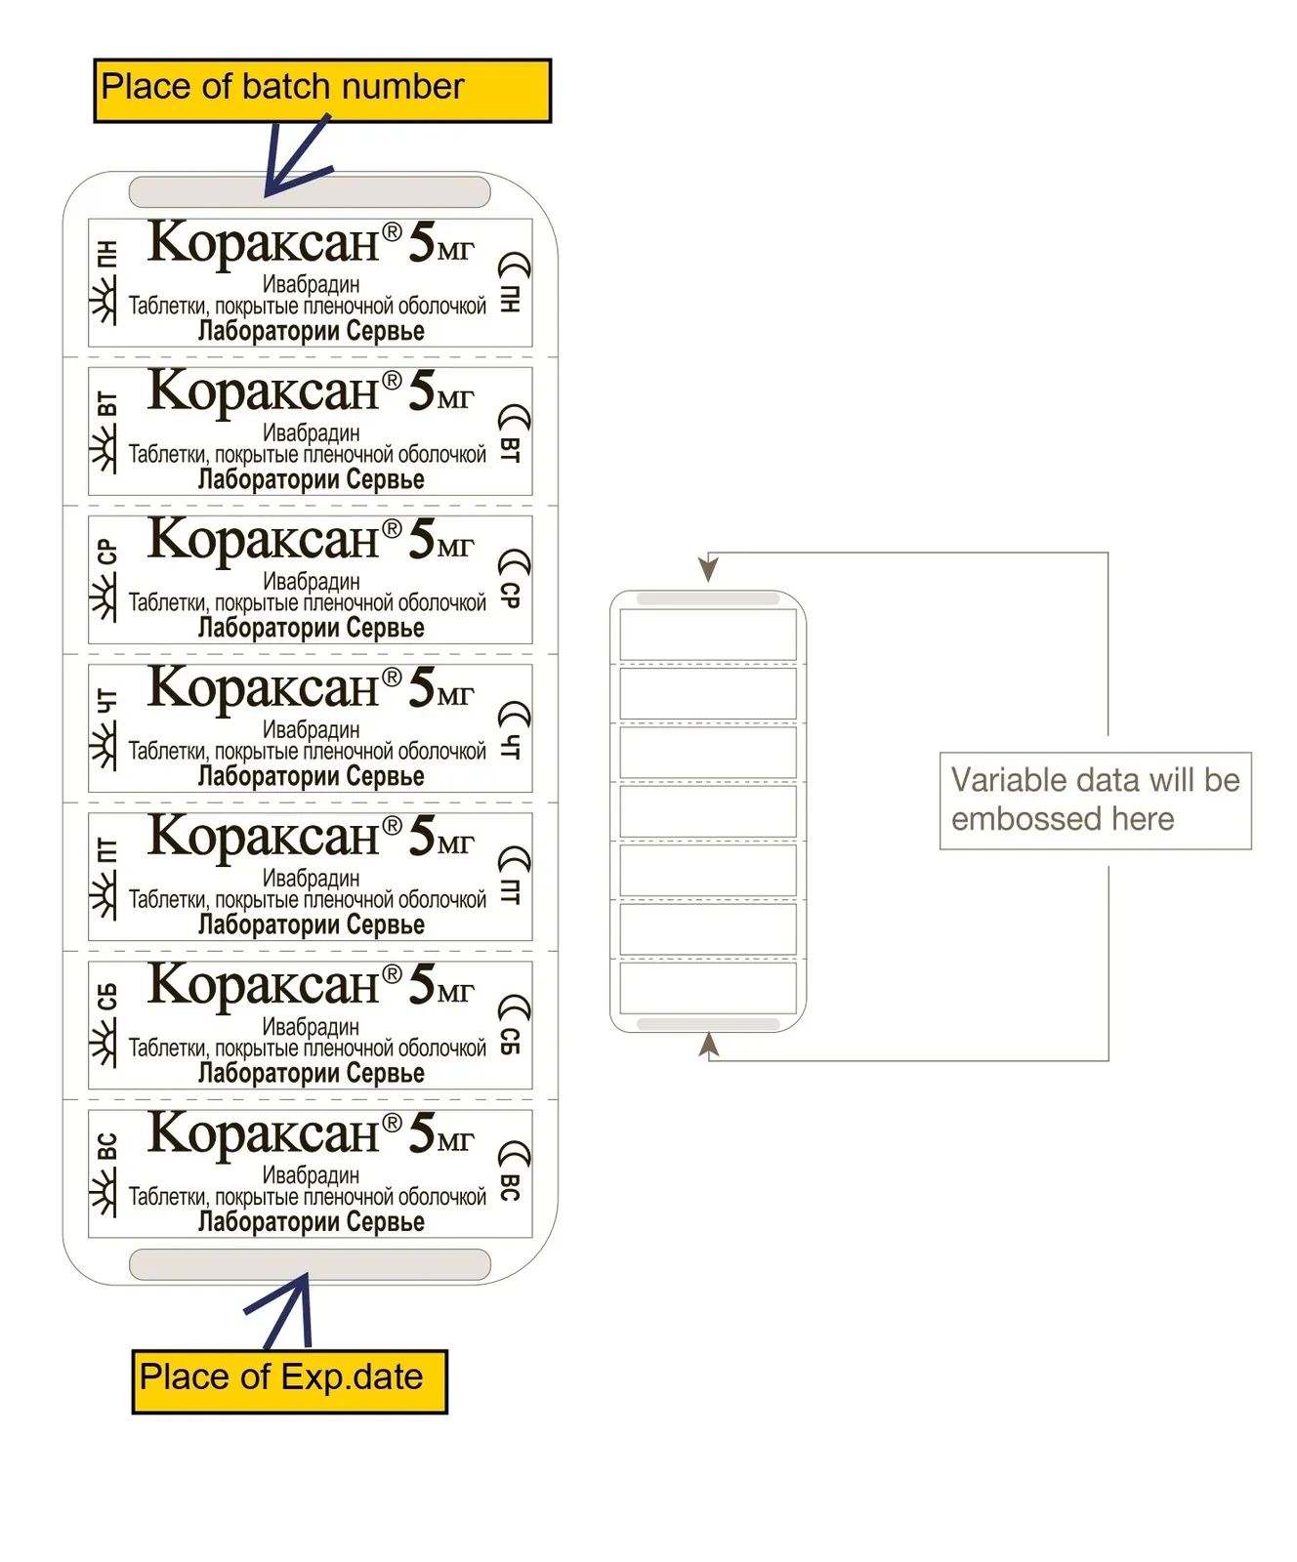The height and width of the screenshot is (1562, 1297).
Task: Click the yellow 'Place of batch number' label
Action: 322,91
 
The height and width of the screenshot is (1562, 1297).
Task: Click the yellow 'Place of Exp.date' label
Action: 290,1381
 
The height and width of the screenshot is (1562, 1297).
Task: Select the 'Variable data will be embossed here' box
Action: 1095,801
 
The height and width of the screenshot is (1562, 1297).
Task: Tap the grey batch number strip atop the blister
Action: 310,191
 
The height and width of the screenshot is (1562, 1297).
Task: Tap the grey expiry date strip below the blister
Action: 310,1264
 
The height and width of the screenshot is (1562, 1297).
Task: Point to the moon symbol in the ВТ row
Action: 514,418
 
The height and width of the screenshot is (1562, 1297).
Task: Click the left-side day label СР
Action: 106,552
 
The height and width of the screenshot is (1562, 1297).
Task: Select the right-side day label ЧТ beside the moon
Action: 510,746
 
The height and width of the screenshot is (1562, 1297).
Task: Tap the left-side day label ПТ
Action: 106,849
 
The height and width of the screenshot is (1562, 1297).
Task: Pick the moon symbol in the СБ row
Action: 514,1010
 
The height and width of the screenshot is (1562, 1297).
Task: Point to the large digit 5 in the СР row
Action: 422,539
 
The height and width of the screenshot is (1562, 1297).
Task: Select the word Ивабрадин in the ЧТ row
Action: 311,729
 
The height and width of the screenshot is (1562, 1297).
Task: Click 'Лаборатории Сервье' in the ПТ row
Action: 311,924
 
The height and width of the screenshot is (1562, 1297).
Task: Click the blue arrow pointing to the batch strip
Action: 298,156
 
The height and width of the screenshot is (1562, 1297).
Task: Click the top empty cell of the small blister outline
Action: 708,636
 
